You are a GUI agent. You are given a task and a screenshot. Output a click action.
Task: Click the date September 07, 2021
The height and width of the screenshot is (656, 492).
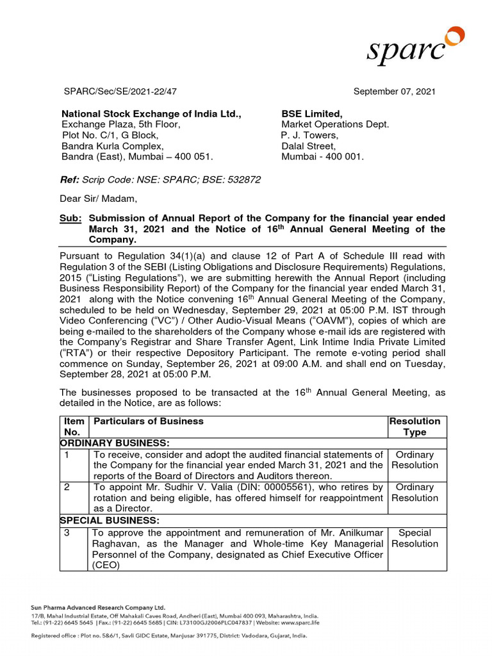394,92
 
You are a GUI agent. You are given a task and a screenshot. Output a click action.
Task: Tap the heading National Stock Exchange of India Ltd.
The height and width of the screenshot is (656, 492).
151,114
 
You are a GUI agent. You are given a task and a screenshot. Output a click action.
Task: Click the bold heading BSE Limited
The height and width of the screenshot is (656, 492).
312,114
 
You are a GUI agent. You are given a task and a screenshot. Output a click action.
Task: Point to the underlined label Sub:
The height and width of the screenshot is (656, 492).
70,218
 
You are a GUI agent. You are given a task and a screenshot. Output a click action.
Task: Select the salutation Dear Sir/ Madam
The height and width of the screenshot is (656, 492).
99,199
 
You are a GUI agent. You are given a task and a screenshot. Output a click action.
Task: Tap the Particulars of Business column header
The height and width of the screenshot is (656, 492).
148,422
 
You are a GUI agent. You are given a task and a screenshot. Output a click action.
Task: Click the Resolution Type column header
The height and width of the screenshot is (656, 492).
414,427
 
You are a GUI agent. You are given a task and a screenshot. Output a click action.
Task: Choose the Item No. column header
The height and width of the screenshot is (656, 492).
74,427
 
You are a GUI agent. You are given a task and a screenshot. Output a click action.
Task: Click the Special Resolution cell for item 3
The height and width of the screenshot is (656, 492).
414,538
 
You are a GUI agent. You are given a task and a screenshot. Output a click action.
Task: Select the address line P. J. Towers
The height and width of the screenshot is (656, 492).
309,135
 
